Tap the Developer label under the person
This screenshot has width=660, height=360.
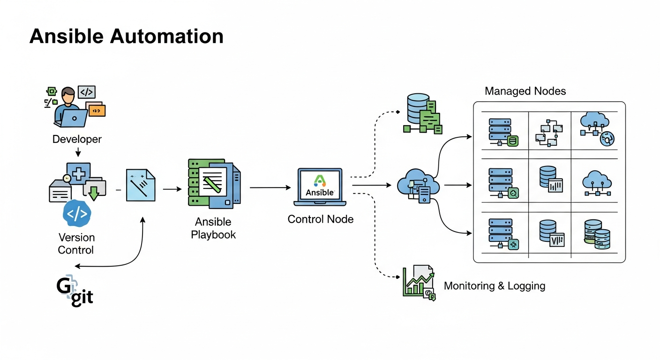point(77,139)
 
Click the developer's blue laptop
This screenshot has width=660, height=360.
point(71,118)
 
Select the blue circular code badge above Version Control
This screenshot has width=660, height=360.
point(76,213)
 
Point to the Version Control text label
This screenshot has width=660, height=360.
point(76,243)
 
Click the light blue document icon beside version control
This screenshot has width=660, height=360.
point(140,186)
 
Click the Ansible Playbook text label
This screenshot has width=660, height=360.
point(213,228)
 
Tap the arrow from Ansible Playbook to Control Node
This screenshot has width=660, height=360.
point(270,187)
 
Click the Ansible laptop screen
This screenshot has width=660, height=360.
point(320,185)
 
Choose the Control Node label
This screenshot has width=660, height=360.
point(320,219)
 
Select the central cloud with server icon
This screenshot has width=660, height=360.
point(418,187)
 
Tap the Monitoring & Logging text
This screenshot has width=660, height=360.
point(494,285)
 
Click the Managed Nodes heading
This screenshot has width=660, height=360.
point(525,91)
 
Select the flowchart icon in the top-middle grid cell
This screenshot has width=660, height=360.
point(548,132)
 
